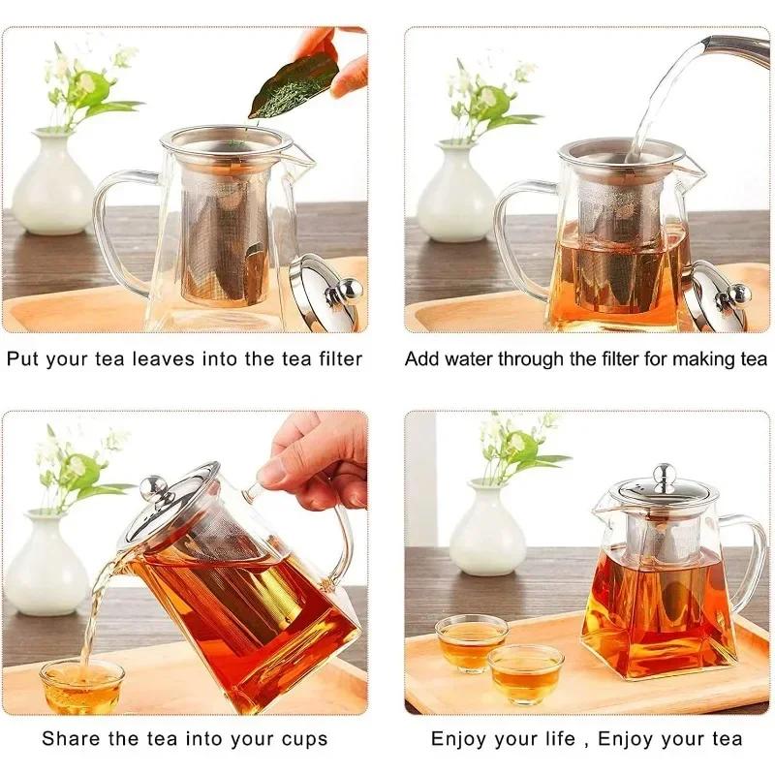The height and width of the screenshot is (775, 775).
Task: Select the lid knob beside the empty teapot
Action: (347, 289)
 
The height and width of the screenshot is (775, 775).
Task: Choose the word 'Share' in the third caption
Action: (70, 739)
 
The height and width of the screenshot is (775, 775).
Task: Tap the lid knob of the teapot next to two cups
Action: (664, 474)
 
